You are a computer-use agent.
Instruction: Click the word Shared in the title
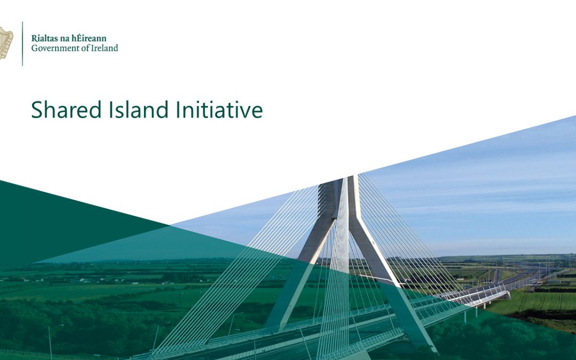pos(66,109)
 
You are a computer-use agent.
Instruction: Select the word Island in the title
pos(139,109)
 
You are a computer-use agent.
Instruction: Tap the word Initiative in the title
pos(219,109)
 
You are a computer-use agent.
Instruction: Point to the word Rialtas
pos(43,38)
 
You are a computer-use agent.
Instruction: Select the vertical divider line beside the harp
pos(22,44)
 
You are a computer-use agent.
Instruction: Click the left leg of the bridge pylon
pos(302,268)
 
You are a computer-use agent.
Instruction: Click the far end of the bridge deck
pos(508,294)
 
